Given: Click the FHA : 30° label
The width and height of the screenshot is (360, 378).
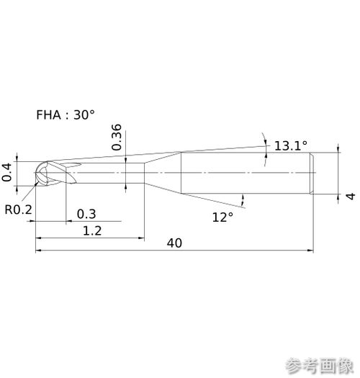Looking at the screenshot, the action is (66, 114).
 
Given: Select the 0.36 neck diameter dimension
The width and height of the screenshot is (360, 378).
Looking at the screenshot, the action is (117, 138).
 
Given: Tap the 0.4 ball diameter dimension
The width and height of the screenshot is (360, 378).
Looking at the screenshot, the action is (6, 172).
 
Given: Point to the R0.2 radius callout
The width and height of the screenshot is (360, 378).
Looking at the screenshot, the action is (18, 210).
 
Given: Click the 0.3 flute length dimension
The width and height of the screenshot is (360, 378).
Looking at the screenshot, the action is (86, 214).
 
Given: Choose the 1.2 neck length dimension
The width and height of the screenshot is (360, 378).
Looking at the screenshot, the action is (92, 230).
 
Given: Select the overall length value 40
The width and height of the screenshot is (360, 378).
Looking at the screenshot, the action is (174, 243).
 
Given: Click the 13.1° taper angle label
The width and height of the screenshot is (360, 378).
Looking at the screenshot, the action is (291, 146).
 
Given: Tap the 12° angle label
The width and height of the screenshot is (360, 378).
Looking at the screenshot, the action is (222, 217).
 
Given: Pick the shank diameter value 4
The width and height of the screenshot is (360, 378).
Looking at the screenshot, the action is (351, 196).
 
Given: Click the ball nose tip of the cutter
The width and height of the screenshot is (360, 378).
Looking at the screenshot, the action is (35, 173).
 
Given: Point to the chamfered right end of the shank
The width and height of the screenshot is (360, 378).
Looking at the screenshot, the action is (312, 173).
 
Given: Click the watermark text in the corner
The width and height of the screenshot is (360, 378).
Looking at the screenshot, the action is (320, 366).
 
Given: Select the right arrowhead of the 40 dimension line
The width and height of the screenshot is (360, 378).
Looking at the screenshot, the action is (310, 251).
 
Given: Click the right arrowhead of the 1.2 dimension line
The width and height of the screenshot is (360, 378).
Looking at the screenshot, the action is (141, 238).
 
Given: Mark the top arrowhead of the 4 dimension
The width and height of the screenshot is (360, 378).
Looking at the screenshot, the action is (338, 149).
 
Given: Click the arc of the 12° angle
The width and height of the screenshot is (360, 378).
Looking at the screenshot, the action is (243, 200).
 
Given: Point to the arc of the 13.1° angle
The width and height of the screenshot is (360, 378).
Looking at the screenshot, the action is (265, 149).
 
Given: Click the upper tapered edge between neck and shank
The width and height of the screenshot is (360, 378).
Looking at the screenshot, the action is (163, 158).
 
